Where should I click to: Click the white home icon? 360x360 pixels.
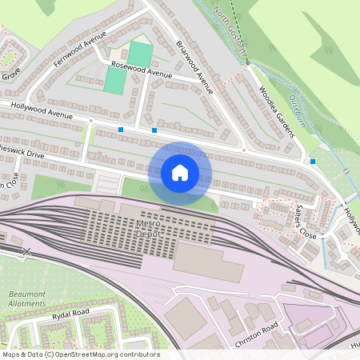coord(180,172)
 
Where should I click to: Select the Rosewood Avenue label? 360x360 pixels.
coord(142,70)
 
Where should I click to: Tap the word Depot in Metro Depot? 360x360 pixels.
coord(149,235)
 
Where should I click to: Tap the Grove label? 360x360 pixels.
coord(10,75)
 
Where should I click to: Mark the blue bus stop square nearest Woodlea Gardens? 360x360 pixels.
coord(313,162)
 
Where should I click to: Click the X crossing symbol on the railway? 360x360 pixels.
coord(27,251)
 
